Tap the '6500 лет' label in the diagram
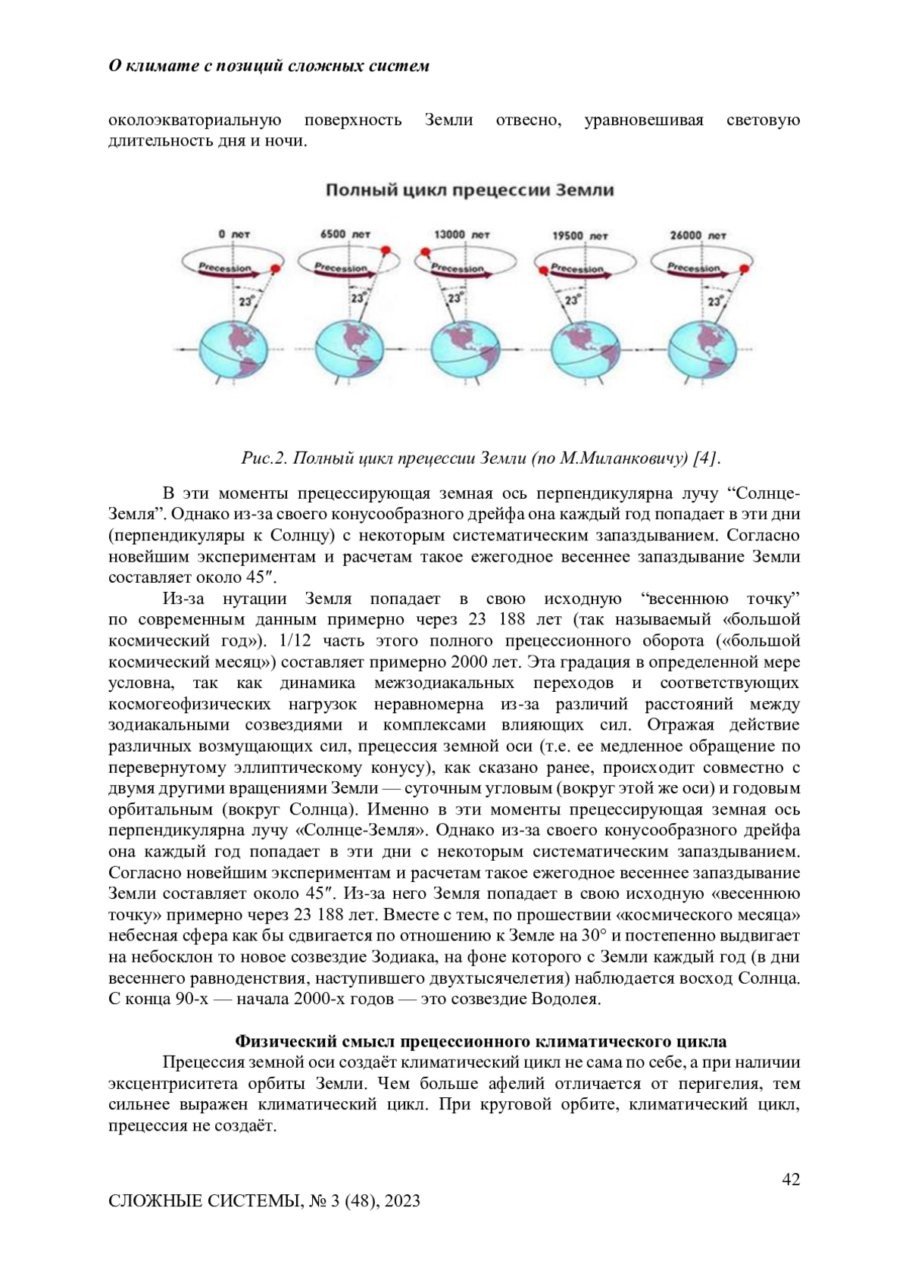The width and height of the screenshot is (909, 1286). point(345,235)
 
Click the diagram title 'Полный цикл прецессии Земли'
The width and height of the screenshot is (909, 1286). point(470,190)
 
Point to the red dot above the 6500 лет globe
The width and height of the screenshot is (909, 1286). point(386,250)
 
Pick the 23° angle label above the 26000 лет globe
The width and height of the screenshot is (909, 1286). point(714,302)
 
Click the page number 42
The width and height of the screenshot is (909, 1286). point(791,1179)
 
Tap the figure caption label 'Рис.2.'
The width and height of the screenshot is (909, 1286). point(264,458)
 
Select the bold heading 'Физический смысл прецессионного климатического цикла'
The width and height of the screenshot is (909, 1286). point(481,1040)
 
